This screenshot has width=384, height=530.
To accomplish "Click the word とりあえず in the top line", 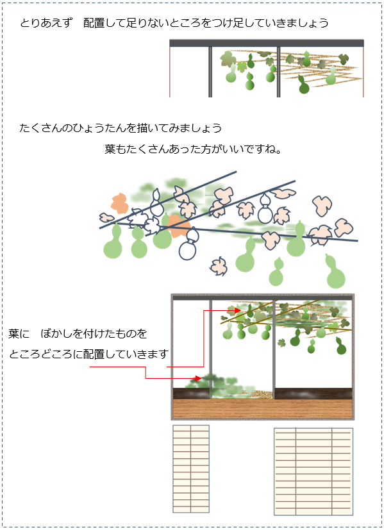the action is (x=46, y=22).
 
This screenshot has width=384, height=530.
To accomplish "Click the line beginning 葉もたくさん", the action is (x=193, y=149).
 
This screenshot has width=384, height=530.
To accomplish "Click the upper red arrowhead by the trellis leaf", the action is (x=238, y=310).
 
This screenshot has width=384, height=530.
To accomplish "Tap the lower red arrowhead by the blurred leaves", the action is (x=199, y=378).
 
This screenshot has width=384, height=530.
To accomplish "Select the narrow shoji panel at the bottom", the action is (x=191, y=469).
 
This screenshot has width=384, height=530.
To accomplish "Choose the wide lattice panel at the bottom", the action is (x=313, y=472).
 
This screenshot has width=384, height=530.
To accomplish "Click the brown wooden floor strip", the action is (x=263, y=409).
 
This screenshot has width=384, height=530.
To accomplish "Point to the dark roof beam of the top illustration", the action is (x=267, y=43).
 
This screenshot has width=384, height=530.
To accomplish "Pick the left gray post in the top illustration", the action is (x=210, y=72).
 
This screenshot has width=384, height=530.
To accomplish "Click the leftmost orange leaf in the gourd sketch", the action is (x=120, y=204).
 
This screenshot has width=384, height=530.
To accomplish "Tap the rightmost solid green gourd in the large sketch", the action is (x=335, y=272).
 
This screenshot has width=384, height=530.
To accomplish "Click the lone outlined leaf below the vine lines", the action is (x=219, y=267).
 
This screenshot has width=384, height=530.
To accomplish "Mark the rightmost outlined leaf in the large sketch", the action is (x=344, y=228).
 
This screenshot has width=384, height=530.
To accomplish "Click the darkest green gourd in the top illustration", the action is (x=304, y=85).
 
